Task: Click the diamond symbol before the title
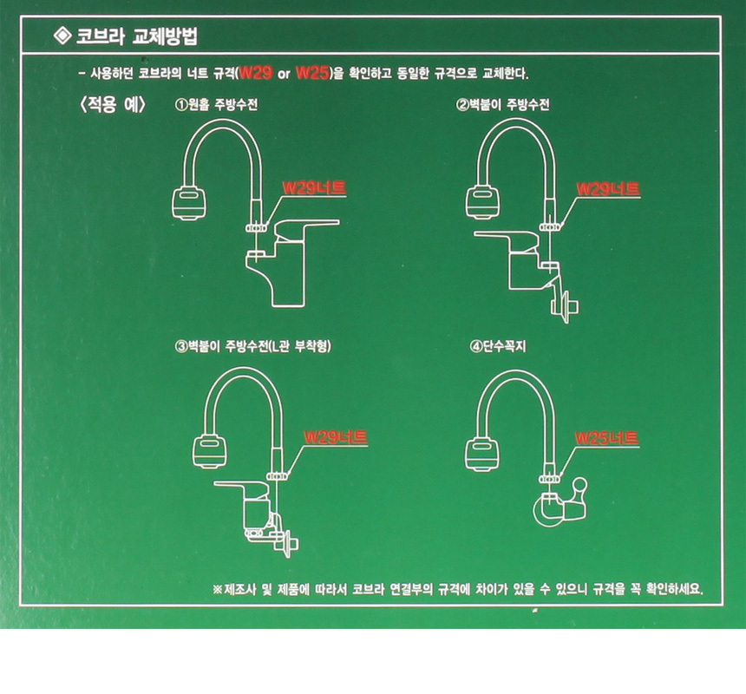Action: click(62, 36)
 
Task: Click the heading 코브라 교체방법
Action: click(137, 36)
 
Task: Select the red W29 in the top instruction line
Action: click(256, 73)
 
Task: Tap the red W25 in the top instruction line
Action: click(312, 73)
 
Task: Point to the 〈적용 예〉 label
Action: click(113, 104)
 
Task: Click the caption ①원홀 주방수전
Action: click(217, 104)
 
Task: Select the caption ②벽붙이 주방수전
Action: click(503, 104)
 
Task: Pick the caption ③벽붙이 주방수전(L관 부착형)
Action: click(253, 346)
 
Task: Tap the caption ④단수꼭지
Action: click(498, 346)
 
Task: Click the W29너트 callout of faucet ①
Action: click(314, 188)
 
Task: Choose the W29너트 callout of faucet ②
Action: click(608, 189)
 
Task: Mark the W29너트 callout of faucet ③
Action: click(336, 437)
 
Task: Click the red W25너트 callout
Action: click(606, 437)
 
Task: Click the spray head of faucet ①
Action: click(189, 203)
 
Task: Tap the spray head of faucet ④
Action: click(482, 455)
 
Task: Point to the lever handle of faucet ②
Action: click(507, 239)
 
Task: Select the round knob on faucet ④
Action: click(580, 485)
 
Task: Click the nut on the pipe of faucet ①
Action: click(256, 228)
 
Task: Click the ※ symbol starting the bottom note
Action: click(218, 590)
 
